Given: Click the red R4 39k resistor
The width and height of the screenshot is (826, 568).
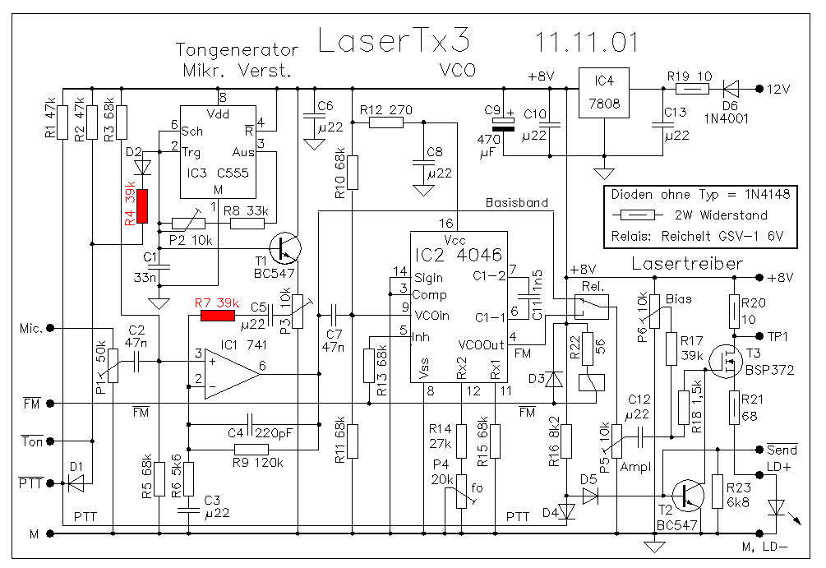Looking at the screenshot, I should pos(142,206).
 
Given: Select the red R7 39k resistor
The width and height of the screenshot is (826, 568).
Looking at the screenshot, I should pos(218,315).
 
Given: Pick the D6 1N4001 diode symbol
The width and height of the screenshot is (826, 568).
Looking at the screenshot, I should pos(730,87).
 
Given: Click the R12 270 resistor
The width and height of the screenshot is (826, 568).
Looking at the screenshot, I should pos(385,123).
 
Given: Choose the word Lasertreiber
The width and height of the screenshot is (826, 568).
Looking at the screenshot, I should pos(687,265).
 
